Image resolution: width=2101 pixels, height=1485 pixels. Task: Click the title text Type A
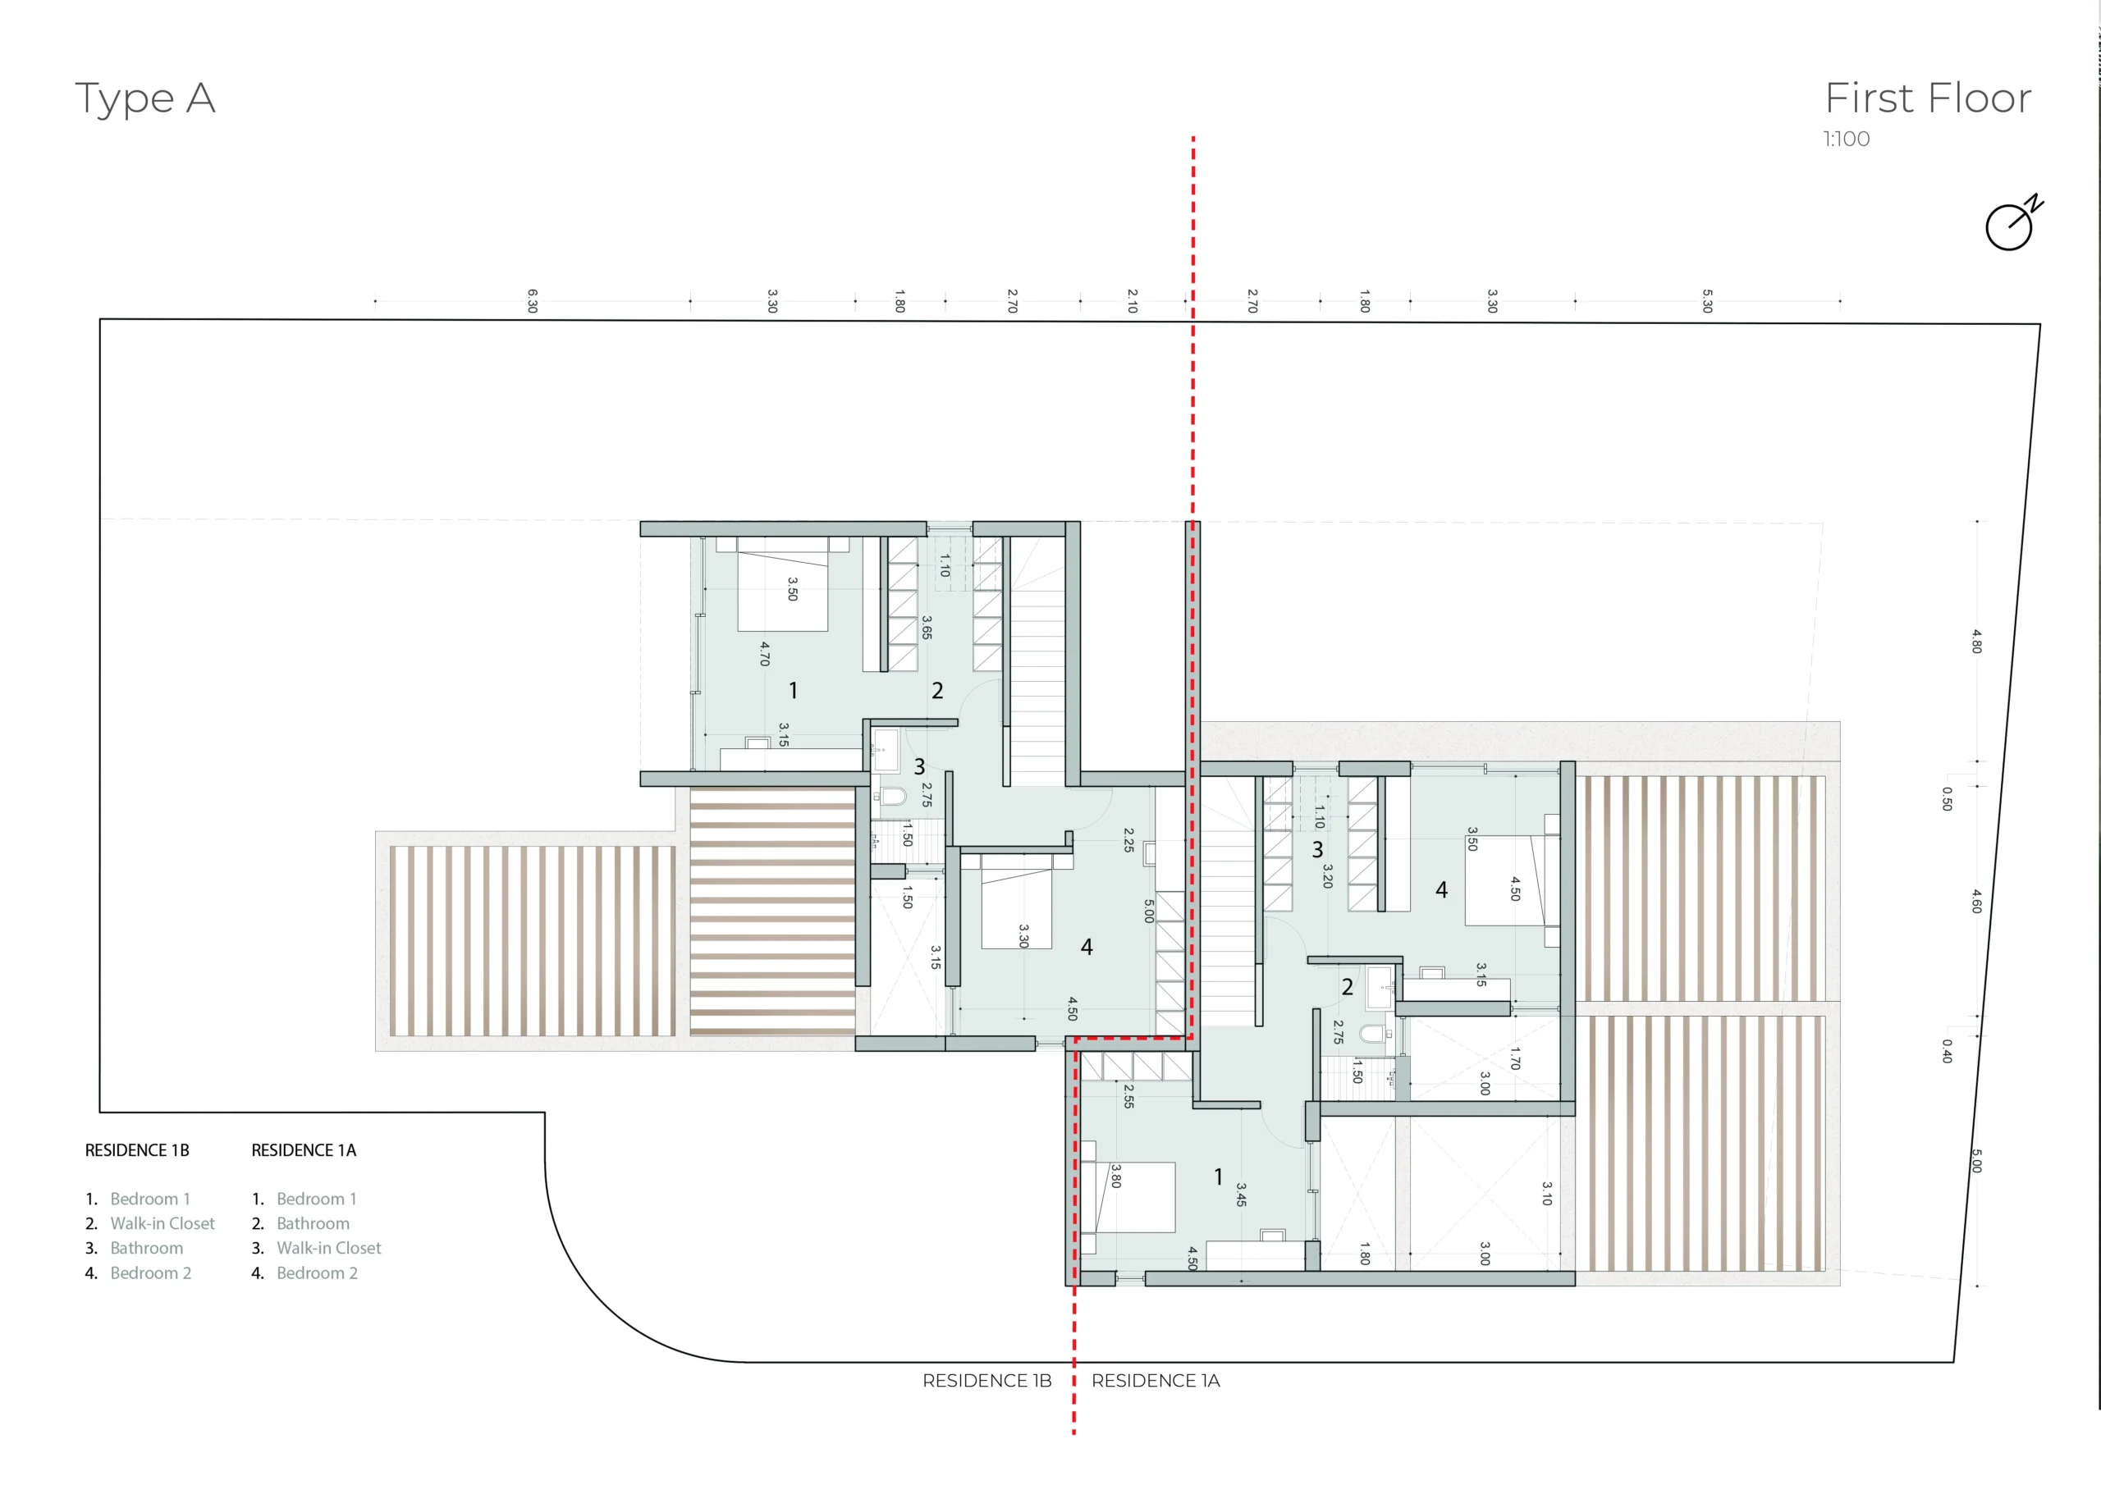click(144, 98)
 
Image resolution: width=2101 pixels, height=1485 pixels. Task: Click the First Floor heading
click(1928, 98)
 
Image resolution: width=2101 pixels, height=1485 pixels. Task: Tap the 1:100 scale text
click(1846, 139)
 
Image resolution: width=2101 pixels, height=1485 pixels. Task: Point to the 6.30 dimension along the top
click(533, 301)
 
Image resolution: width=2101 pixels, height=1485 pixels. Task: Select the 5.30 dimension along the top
click(1706, 301)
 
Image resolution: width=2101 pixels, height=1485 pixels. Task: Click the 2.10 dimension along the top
click(1132, 301)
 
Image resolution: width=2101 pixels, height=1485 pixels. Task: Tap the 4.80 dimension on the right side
click(1976, 641)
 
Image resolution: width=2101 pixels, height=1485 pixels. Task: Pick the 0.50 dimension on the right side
click(1948, 799)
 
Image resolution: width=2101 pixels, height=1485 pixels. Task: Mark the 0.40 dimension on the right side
click(1948, 1050)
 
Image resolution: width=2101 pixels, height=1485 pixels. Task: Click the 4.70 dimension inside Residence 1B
click(765, 653)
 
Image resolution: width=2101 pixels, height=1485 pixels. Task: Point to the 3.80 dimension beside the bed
click(1115, 1176)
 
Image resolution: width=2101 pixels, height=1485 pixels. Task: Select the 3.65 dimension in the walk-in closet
click(927, 627)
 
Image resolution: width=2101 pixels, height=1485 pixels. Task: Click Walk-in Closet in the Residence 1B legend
click(162, 1223)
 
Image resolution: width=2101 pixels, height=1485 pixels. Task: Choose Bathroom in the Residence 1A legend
click(313, 1223)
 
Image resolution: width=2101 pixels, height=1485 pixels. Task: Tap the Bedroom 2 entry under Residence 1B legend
click(151, 1273)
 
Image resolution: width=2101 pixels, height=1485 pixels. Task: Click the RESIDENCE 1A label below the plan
click(1156, 1381)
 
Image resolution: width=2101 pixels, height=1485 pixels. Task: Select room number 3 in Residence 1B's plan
click(920, 767)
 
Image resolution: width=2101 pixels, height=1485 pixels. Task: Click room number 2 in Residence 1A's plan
click(1347, 986)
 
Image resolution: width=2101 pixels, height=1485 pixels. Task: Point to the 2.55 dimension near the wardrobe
click(1128, 1096)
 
